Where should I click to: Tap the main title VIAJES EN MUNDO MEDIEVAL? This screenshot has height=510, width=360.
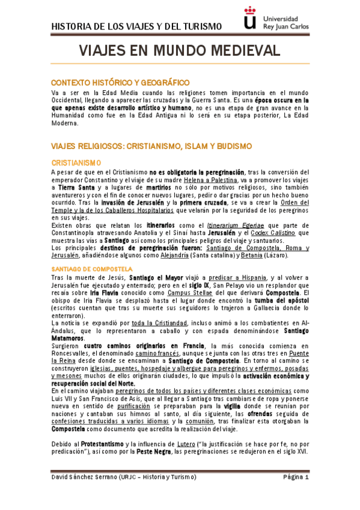[180, 51]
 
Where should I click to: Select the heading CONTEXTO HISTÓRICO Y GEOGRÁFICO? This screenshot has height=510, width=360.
[120, 82]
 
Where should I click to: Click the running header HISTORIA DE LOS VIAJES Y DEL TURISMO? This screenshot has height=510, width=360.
[136, 26]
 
